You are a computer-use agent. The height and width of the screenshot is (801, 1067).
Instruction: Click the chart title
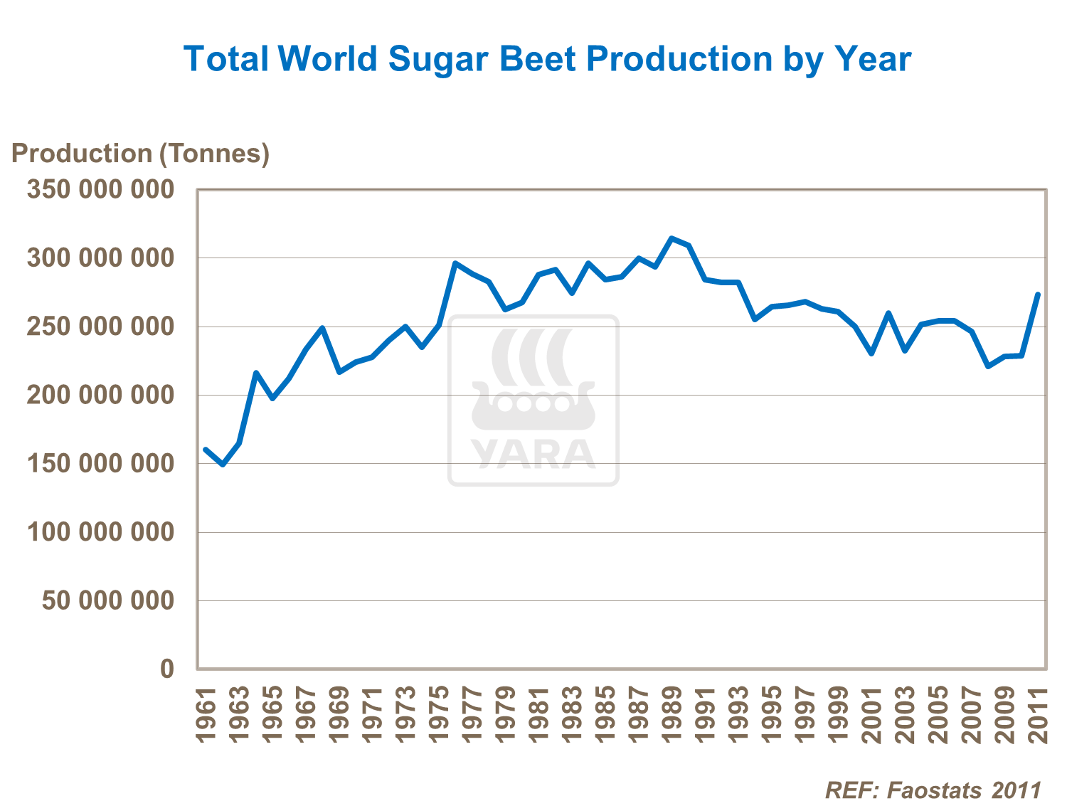pos(547,58)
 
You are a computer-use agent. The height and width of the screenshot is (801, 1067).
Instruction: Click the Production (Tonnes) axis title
pos(140,153)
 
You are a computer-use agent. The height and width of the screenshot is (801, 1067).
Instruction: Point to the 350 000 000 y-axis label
pos(100,189)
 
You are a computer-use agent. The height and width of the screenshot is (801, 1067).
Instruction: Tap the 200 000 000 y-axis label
pos(100,395)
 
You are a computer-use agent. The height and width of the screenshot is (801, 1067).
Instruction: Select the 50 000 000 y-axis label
pos(107,600)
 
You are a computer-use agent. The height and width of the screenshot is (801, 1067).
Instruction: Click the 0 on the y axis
pos(167,669)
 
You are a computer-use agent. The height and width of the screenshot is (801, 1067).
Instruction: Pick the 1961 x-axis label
pos(206,714)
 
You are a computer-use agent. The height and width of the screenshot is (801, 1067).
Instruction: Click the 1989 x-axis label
pos(671,714)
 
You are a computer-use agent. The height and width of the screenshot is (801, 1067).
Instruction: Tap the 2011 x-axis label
pos(1038,714)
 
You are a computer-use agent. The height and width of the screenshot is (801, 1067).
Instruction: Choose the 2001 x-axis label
pos(871,714)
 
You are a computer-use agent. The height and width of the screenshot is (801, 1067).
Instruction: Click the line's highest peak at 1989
pos(671,238)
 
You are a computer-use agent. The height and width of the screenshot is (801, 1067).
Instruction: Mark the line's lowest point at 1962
pos(223,465)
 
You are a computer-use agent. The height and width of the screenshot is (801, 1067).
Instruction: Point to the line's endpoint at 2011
pos(1038,295)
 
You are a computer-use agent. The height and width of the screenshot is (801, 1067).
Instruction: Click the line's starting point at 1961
pos(206,450)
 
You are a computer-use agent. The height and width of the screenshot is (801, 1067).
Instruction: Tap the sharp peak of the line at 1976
pos(455,263)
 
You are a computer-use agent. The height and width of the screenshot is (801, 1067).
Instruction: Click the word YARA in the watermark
pos(533,454)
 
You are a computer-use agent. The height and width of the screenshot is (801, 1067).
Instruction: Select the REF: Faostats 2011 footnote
pos(933,789)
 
